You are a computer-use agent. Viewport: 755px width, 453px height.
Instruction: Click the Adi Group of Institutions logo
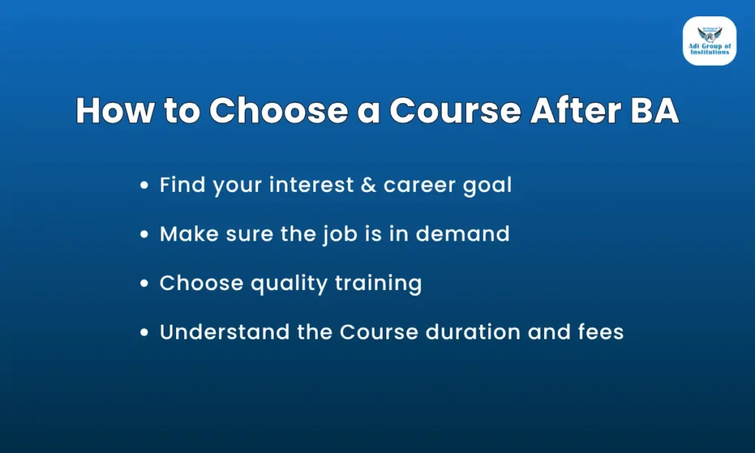point(709,41)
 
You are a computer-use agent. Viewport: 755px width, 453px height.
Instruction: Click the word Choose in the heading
point(278,111)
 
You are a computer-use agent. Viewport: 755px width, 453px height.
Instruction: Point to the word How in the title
point(115,111)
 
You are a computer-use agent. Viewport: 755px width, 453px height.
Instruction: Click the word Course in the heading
point(455,111)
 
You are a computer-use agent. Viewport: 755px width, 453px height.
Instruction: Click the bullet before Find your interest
point(144,185)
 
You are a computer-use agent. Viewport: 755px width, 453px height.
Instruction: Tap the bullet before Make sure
point(144,234)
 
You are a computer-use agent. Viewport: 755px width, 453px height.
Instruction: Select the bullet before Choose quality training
point(144,283)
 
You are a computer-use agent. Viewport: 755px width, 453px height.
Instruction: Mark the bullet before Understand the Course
point(144,332)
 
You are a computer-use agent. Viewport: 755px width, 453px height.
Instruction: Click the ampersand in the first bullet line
point(369,185)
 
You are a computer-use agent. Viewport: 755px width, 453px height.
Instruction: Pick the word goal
point(487,186)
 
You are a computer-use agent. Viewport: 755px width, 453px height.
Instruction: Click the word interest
point(311,184)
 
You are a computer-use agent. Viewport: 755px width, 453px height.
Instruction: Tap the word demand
point(463,234)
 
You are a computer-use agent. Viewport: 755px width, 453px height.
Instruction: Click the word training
point(378,284)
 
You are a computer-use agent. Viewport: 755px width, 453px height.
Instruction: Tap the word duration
point(473,331)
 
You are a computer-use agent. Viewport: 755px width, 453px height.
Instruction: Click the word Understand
point(224,331)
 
